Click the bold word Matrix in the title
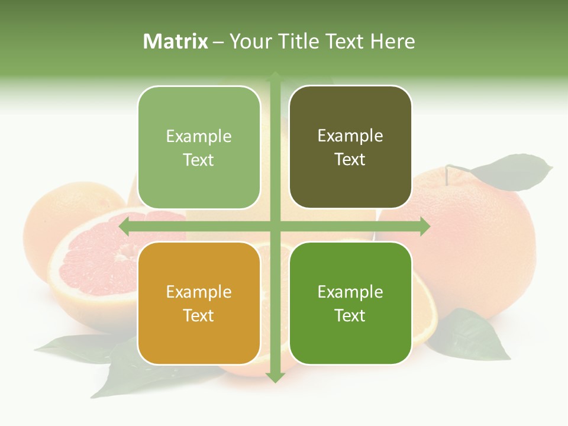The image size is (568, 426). click(x=176, y=41)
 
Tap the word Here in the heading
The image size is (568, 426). click(x=392, y=41)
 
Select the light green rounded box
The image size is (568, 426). click(x=199, y=148)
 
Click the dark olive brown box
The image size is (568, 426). click(x=350, y=147)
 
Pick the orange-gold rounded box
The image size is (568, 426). click(x=199, y=303)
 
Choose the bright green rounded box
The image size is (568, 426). click(x=350, y=303)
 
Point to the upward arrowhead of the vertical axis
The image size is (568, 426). click(x=275, y=77)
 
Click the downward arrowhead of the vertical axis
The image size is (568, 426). click(x=275, y=377)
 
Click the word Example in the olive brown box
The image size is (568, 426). click(x=350, y=135)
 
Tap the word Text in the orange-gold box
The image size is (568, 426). click(x=198, y=315)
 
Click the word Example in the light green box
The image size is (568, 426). click(x=199, y=136)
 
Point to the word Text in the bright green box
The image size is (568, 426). click(x=350, y=315)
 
